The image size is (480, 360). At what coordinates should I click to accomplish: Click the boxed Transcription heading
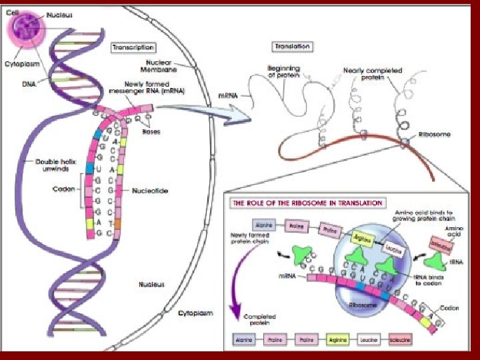pyautogui.click(x=133, y=47)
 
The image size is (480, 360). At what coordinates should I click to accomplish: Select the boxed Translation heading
pyautogui.click(x=292, y=47)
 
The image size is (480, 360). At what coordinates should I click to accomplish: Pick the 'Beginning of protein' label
pyautogui.click(x=283, y=71)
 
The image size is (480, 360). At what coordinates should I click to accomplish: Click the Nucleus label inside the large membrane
pyautogui.click(x=153, y=284)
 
